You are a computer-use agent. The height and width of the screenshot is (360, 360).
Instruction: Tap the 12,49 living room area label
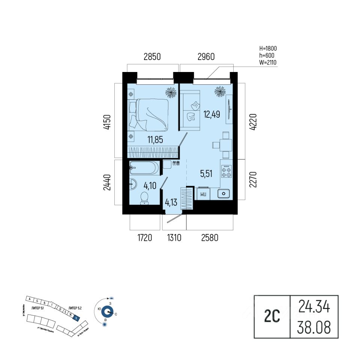pos(211,114)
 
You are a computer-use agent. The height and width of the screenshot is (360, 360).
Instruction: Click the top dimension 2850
pos(152,57)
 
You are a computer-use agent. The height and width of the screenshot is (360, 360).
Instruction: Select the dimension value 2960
pos(205,57)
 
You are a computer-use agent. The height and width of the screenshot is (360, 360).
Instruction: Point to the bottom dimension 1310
pos(174,238)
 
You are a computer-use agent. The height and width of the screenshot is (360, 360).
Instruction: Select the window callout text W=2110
pos(268,62)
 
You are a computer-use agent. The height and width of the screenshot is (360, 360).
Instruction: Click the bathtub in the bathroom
pos(144,168)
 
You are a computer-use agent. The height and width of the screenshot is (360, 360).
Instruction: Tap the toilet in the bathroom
pos(144,198)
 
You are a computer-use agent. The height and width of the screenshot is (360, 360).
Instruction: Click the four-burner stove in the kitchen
pos(226,171)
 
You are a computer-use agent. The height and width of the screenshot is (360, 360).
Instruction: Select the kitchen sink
pos(224,193)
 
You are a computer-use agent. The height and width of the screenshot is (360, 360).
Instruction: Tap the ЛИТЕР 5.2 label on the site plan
pos(75,308)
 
